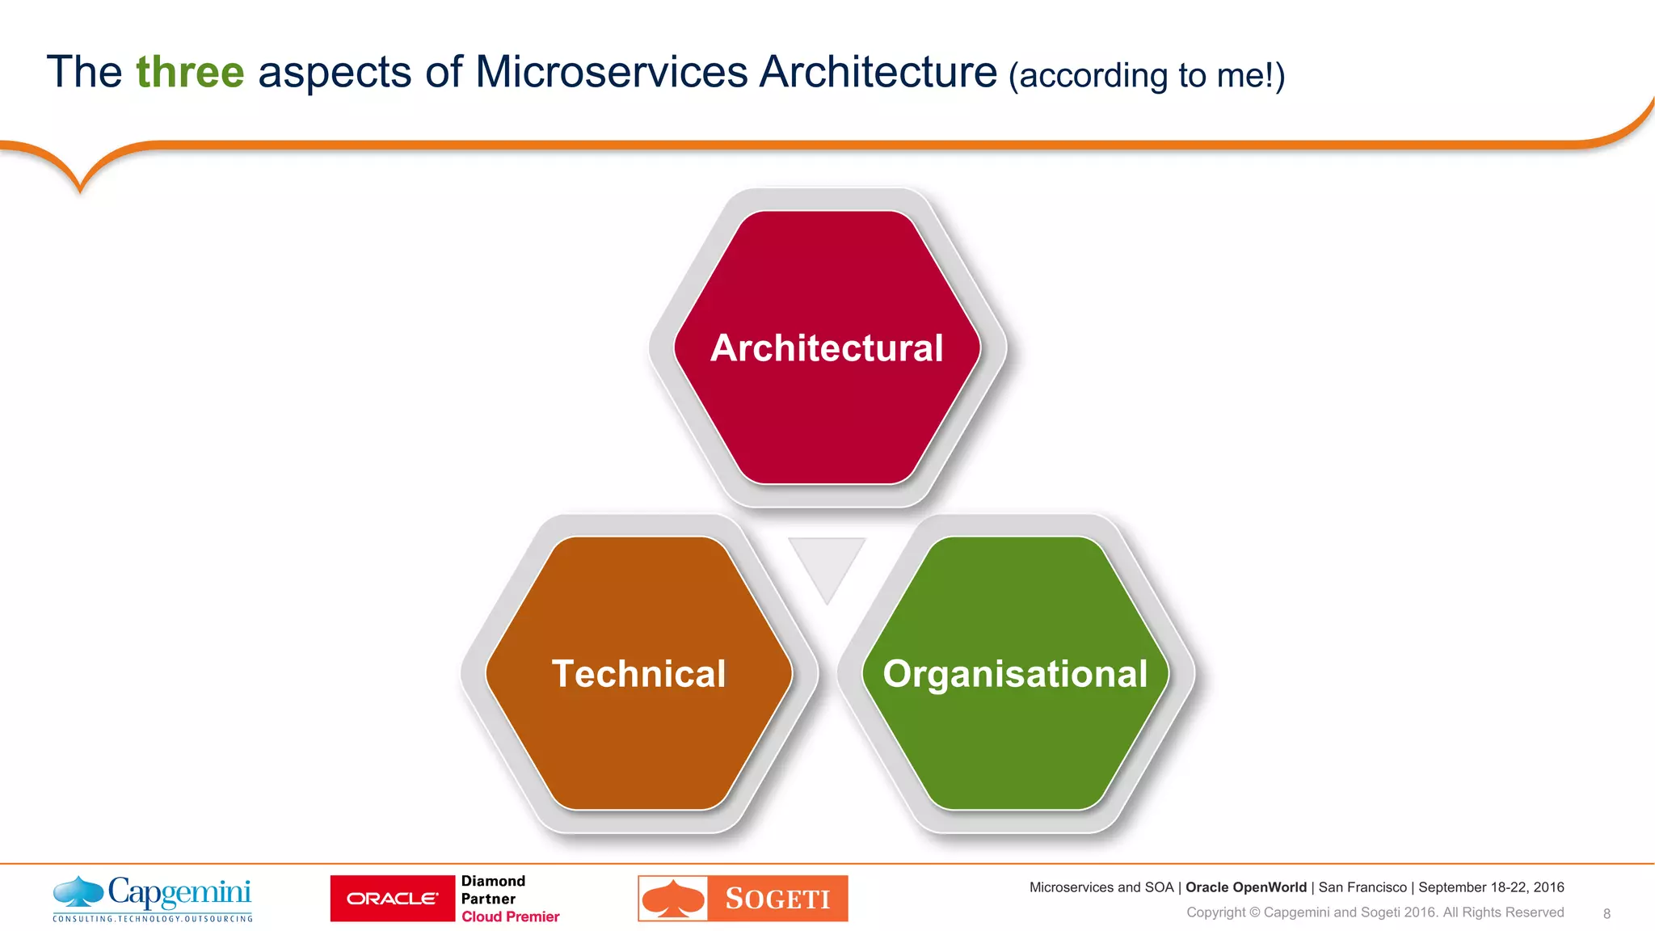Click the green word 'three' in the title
[x=190, y=72]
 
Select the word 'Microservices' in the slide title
[x=612, y=72]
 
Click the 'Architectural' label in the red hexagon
[x=827, y=348]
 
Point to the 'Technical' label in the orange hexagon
[x=638, y=674]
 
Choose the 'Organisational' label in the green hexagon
[x=1015, y=674]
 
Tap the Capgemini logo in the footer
[x=153, y=893]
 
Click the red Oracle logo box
[x=393, y=899]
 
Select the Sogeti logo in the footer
[x=743, y=899]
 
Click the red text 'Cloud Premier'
[x=510, y=916]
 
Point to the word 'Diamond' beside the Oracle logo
[x=493, y=881]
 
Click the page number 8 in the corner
[x=1607, y=914]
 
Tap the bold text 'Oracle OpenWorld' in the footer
[x=1245, y=887]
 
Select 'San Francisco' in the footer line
[x=1362, y=887]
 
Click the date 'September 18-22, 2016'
[x=1491, y=887]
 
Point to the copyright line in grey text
[x=1375, y=912]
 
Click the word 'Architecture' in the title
[x=878, y=72]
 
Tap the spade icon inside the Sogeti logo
[x=673, y=899]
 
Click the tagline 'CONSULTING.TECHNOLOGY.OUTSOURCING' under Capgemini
[x=153, y=919]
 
